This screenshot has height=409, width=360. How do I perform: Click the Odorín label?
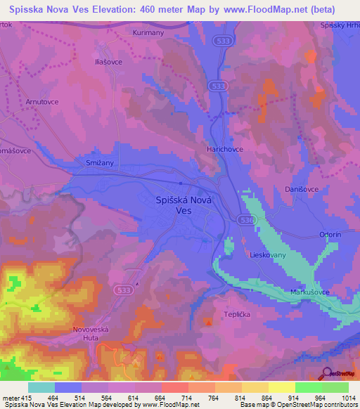[x=330, y=235]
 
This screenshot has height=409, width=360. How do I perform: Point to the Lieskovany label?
[x=266, y=256]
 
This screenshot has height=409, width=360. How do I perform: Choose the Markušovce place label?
[x=310, y=292]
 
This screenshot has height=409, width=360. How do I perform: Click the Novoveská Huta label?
[x=93, y=333]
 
